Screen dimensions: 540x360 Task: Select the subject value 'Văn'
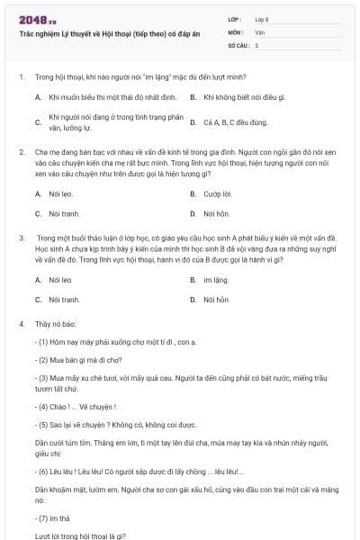click(x=260, y=31)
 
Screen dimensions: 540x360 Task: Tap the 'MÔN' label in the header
click(x=235, y=31)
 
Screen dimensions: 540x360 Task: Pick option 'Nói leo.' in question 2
click(x=61, y=193)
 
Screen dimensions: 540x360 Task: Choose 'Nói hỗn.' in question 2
click(x=217, y=213)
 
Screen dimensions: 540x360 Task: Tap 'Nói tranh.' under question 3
click(x=64, y=299)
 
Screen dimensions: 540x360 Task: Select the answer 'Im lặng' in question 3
click(x=216, y=280)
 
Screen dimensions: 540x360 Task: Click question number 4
click(x=21, y=322)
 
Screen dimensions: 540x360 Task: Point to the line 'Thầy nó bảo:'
click(x=56, y=322)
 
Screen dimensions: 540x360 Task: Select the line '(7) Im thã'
click(x=57, y=517)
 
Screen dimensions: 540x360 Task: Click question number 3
click(x=21, y=238)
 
